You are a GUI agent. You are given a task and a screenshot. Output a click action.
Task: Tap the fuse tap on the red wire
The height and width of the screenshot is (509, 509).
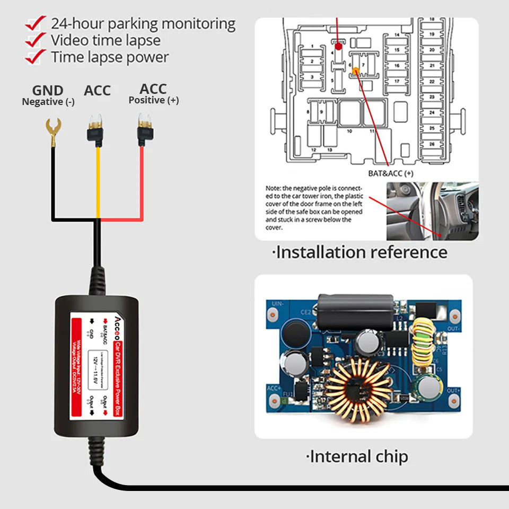[x=142, y=130]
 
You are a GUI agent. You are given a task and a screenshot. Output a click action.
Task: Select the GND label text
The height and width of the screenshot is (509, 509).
[x=48, y=91]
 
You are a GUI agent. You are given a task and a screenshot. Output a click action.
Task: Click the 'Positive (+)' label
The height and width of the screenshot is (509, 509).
[x=153, y=100]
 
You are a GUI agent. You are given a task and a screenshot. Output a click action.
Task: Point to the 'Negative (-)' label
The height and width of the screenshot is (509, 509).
[x=48, y=102]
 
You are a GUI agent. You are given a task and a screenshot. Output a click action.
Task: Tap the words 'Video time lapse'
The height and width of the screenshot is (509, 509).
[x=106, y=40]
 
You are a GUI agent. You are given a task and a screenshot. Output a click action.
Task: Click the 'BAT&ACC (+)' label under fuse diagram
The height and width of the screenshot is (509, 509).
[x=391, y=173]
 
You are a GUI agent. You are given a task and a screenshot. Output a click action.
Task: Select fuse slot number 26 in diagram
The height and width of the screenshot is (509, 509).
[x=432, y=144]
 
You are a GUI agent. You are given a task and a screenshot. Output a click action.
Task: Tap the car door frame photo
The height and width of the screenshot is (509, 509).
[x=432, y=210]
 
